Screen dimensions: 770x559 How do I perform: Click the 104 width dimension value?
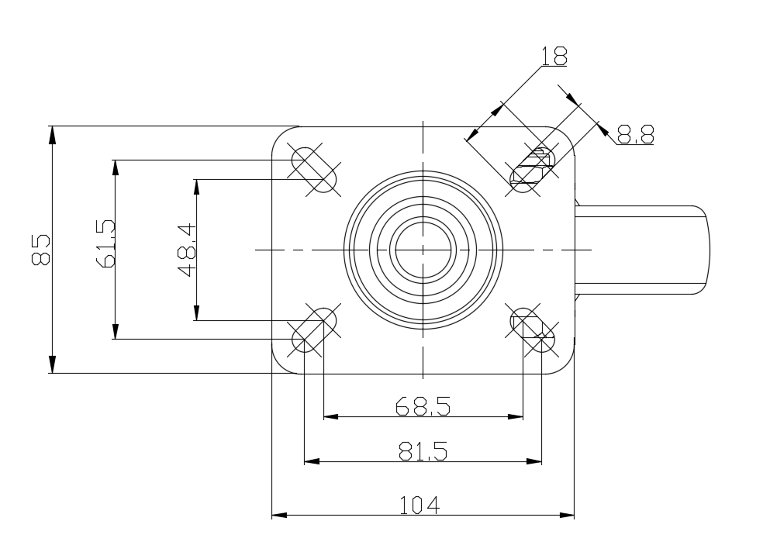tap(420, 505)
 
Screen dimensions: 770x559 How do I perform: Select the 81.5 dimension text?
tap(423, 451)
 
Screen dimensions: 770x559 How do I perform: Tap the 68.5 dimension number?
tap(423, 406)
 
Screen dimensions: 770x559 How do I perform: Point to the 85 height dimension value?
tap(41, 250)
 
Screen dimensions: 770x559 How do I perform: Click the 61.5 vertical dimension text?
tap(106, 243)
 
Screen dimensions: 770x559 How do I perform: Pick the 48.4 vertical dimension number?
tap(187, 250)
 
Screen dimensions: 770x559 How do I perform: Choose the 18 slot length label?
tap(554, 57)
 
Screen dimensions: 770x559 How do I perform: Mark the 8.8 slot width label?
tap(635, 133)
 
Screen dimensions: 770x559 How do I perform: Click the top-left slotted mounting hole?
tap(314, 170)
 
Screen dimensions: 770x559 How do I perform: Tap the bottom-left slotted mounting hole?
tap(314, 330)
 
